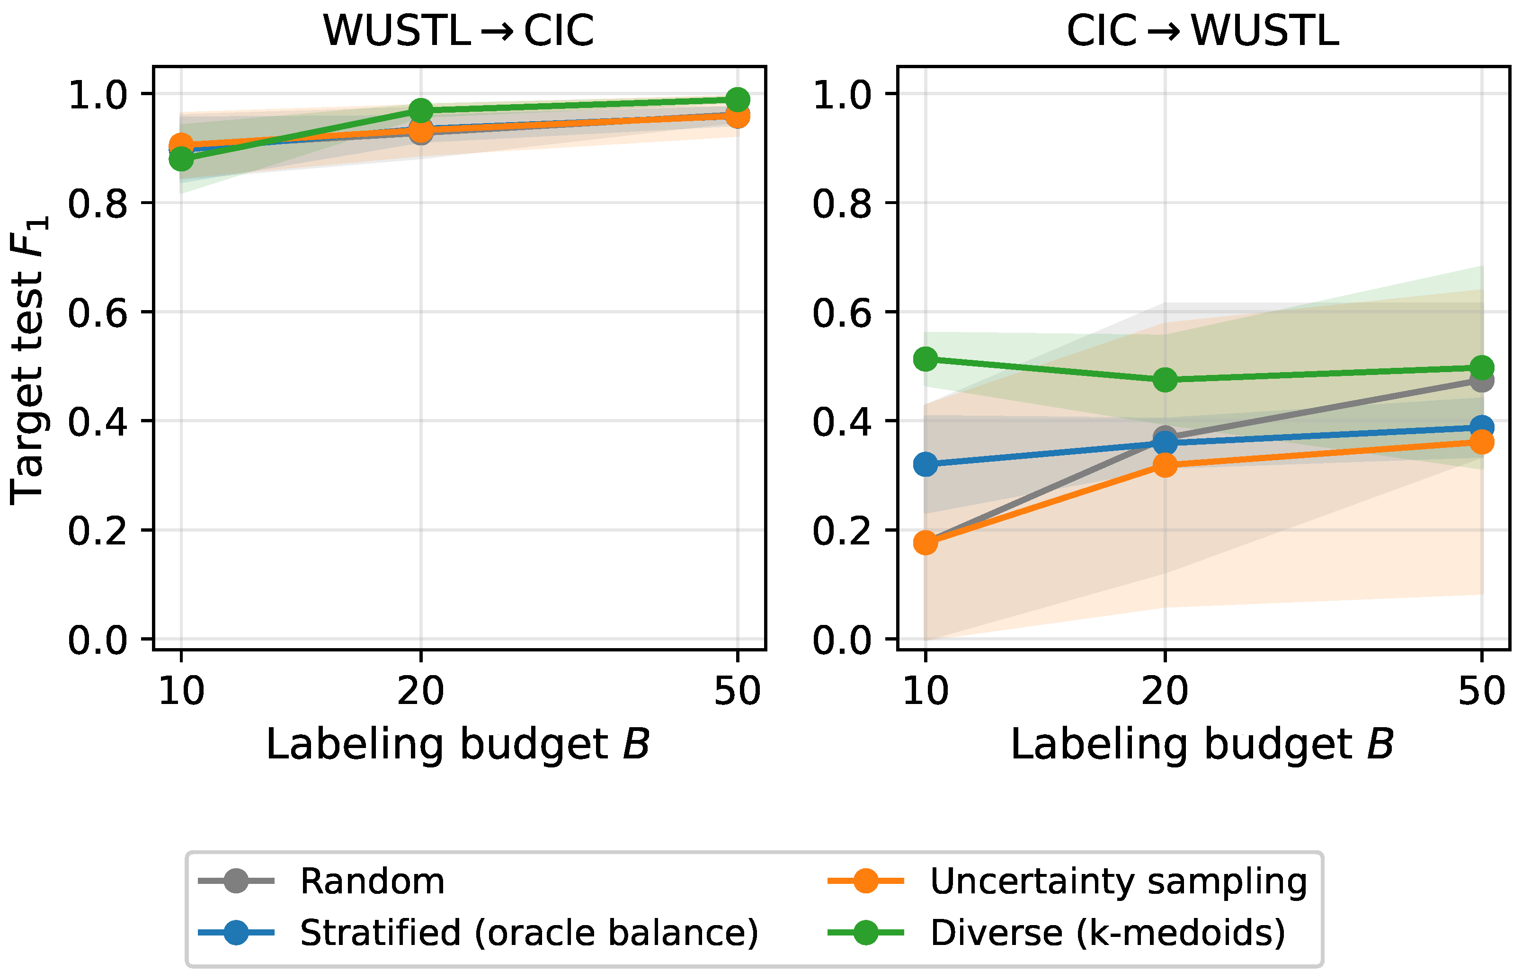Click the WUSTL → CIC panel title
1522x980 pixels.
pyautogui.click(x=459, y=31)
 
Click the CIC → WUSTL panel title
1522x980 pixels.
pyautogui.click(x=1202, y=31)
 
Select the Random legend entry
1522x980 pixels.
pyautogui.click(x=321, y=882)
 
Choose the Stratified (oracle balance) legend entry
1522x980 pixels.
pyautogui.click(x=479, y=933)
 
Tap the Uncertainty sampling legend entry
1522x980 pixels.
pyautogui.click(x=1067, y=882)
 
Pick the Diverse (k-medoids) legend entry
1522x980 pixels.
pyautogui.click(x=1056, y=933)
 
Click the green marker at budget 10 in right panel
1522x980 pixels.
pyautogui.click(x=925, y=359)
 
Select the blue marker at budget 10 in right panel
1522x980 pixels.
pyautogui.click(x=925, y=464)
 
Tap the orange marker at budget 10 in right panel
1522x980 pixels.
pyautogui.click(x=925, y=543)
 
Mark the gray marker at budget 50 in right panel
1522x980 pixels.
pyautogui.click(x=1482, y=381)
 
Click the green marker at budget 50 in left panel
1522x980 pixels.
pyautogui.click(x=738, y=100)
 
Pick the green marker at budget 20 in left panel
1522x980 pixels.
pyautogui.click(x=420, y=111)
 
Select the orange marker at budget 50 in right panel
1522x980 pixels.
pyautogui.click(x=1482, y=442)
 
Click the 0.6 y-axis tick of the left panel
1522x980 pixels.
pyautogui.click(x=98, y=312)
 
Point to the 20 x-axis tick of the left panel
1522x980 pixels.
pyautogui.click(x=420, y=690)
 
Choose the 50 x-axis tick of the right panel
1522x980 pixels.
pyautogui.click(x=1482, y=690)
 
